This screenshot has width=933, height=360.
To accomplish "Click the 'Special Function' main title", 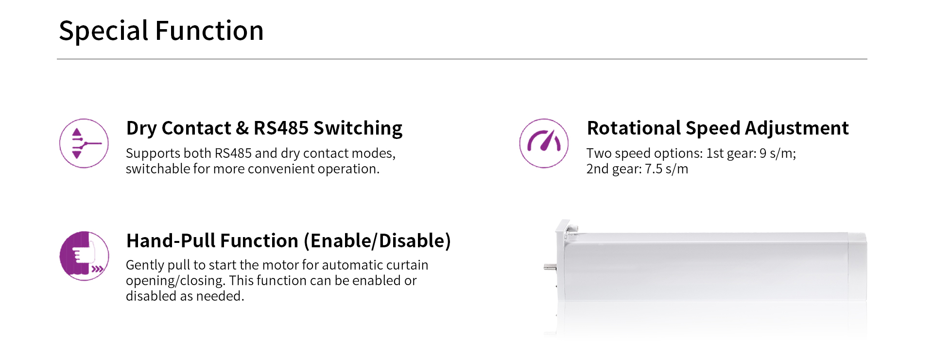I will pyautogui.click(x=161, y=31).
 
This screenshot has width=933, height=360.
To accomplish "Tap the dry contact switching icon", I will pyautogui.click(x=84, y=143).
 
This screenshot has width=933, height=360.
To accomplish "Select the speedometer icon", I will pyautogui.click(x=544, y=143).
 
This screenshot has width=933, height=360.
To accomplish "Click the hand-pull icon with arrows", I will pyautogui.click(x=84, y=256).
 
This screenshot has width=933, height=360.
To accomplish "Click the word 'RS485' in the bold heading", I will pyautogui.click(x=281, y=128).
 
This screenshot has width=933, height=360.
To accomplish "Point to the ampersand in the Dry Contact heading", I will pyautogui.click(x=242, y=128).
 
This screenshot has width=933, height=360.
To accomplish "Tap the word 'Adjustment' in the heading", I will pyautogui.click(x=796, y=128).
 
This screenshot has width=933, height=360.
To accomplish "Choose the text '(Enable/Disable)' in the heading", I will pyautogui.click(x=380, y=241).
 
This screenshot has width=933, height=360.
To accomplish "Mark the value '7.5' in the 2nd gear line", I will pyautogui.click(x=654, y=169).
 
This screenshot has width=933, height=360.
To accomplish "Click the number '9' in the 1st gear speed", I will pyautogui.click(x=763, y=154).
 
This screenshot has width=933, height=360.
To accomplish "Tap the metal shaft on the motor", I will pyautogui.click(x=550, y=267).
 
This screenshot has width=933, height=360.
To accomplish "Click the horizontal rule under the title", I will pyautogui.click(x=462, y=59).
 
